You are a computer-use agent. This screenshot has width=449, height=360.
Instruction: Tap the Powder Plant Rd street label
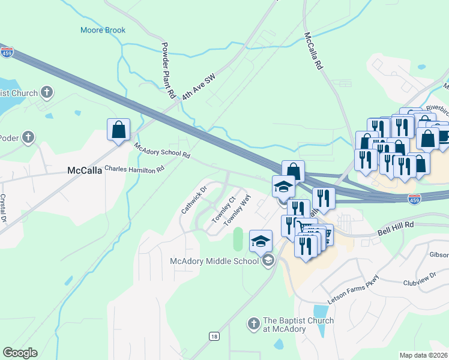click(167, 71)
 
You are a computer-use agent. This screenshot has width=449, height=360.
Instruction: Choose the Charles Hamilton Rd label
click(134, 169)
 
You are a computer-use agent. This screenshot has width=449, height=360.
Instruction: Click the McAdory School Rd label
click(162, 151)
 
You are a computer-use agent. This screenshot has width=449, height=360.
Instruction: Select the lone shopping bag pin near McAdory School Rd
click(119, 130)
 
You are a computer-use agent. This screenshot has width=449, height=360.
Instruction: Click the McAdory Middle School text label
click(215, 260)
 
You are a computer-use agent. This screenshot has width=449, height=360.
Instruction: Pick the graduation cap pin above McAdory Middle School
click(261, 242)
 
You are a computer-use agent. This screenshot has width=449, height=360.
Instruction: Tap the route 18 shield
click(213, 336)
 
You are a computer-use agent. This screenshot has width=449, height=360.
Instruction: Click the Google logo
click(20, 353)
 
